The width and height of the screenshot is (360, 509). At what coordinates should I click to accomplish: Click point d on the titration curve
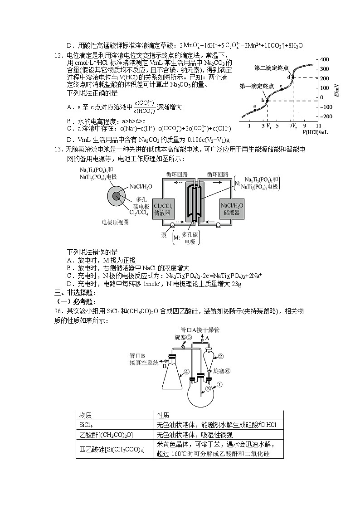293,78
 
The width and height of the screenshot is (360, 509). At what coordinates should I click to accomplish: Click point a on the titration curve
255,110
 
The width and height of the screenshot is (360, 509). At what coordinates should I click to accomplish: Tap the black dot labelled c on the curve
282,88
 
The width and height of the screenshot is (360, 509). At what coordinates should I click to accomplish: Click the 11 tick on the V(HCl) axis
318,125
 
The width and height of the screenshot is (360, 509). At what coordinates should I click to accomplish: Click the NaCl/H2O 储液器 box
234,209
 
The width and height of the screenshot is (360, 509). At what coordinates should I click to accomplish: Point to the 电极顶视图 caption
116,222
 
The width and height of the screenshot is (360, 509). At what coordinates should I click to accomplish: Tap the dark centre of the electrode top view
117,195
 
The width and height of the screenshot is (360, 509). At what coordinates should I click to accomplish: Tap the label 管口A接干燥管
200,330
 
